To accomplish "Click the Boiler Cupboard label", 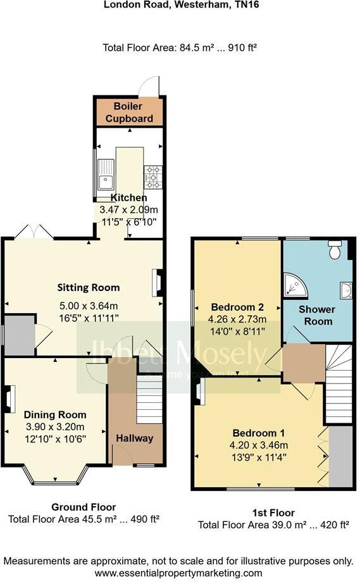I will (129, 113).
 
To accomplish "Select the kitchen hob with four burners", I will (153, 176).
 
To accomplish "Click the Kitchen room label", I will (129, 198).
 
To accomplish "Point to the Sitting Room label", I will (95, 288).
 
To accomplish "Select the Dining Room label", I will (55, 414).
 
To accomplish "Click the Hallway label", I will (134, 438).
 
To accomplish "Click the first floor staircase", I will (338, 386).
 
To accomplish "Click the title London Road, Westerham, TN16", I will (180, 4).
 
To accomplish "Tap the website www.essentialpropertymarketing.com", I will (180, 573).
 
